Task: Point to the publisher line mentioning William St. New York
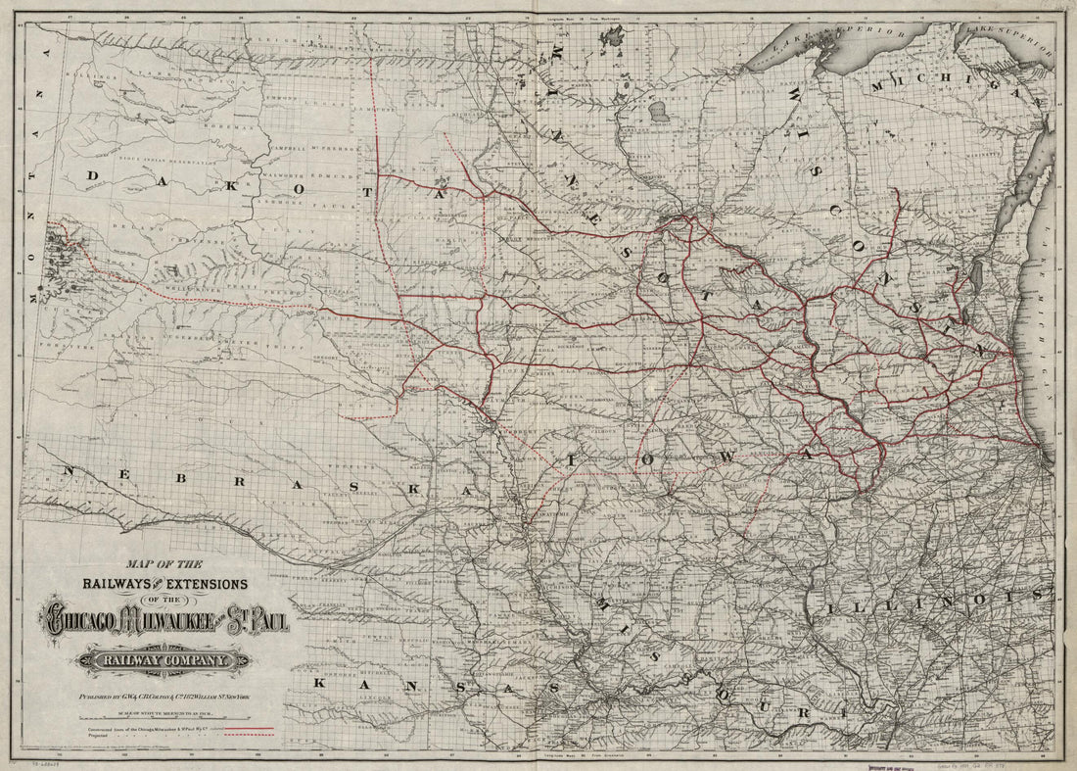point(166,695)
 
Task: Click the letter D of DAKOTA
point(95,175)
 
